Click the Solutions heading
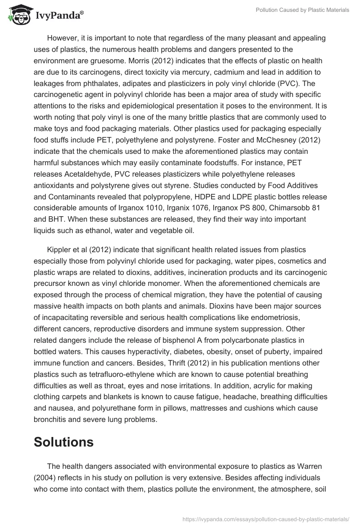pyautogui.click(x=64, y=442)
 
